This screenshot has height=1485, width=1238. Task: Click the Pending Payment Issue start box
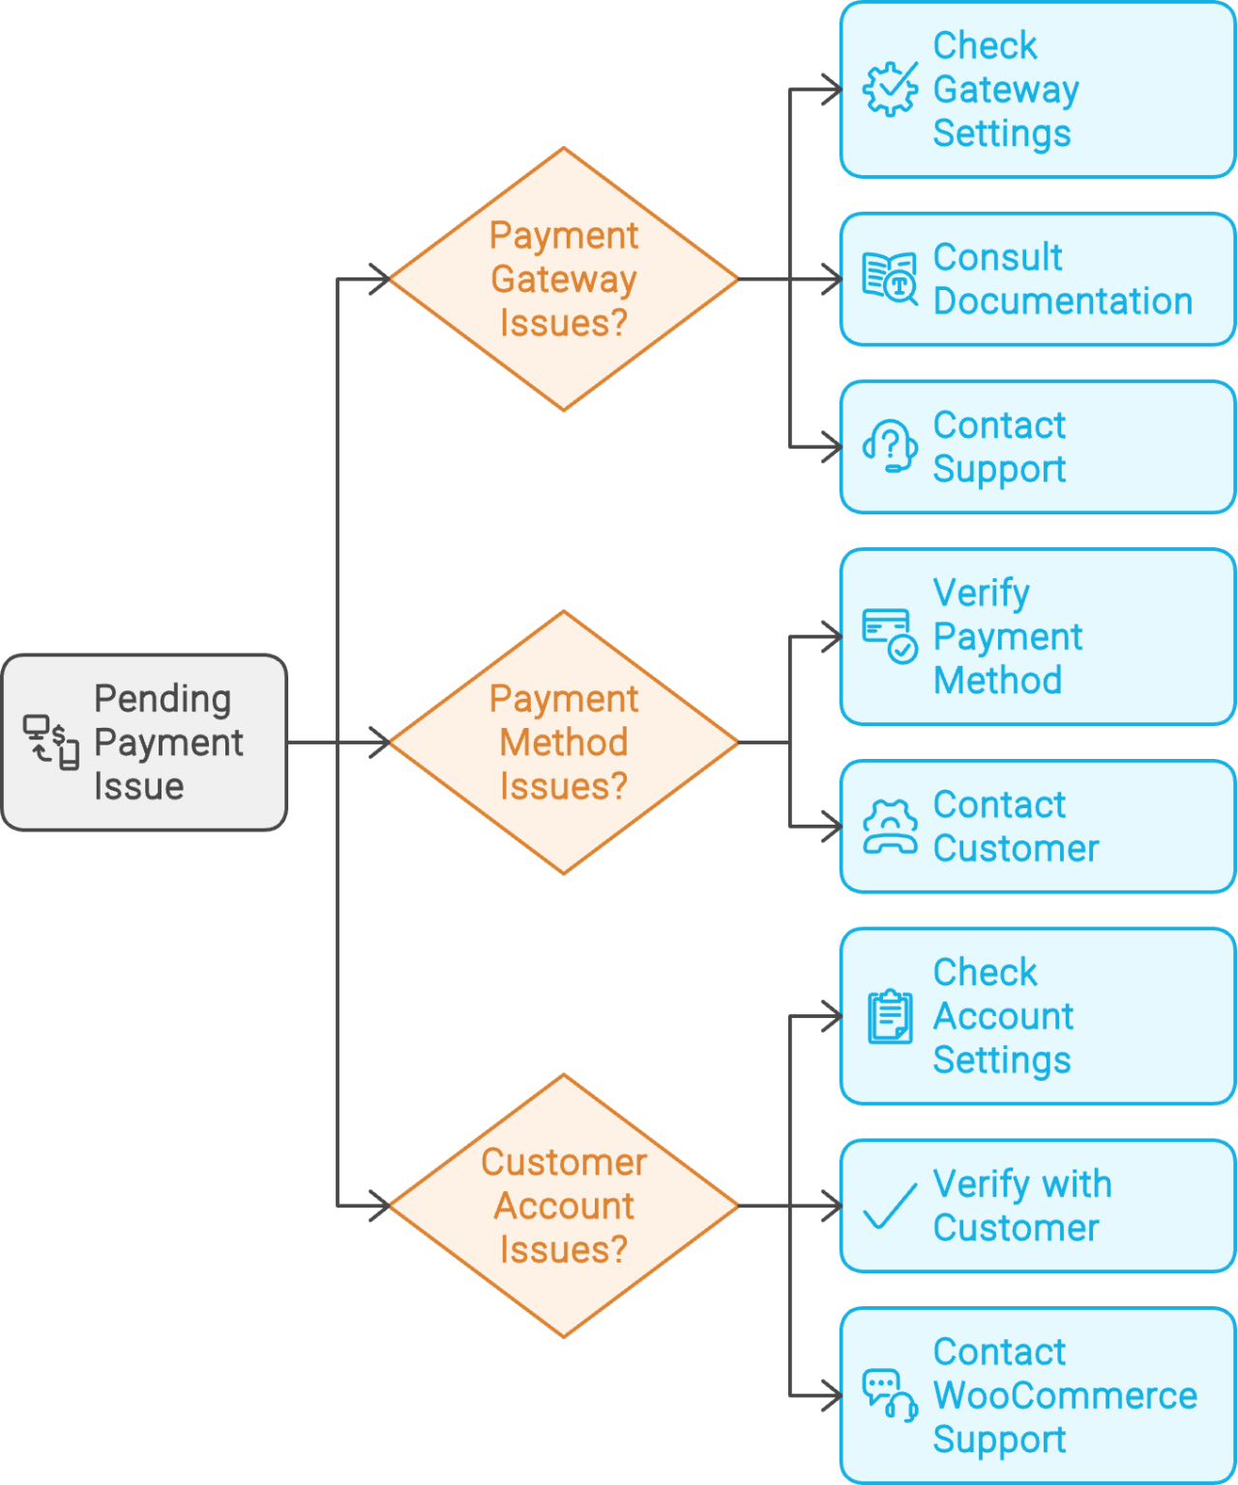tap(145, 742)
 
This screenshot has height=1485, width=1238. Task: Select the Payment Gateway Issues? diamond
tap(564, 279)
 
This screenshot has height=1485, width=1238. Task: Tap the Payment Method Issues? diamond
tap(564, 742)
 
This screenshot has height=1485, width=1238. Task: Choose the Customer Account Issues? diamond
tap(564, 1206)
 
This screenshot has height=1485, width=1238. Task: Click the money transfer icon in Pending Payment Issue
tap(51, 742)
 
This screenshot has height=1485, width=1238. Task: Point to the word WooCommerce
tap(1065, 1395)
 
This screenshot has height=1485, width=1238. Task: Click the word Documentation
tap(1063, 302)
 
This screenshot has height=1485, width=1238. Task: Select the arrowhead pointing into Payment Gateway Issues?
tap(379, 279)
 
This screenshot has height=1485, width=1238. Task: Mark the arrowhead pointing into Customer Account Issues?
tap(379, 1206)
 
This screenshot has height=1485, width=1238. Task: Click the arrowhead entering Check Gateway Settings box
tap(832, 90)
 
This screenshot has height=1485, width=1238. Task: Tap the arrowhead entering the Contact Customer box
tap(832, 827)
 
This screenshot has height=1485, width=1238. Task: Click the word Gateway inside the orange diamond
tap(564, 279)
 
